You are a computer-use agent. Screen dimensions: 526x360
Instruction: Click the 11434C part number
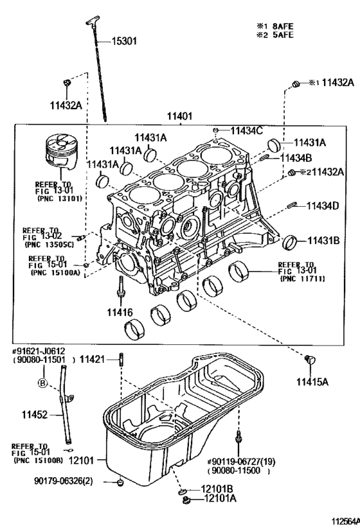[x=247, y=130]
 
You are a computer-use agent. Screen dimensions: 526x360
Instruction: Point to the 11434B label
[x=295, y=157]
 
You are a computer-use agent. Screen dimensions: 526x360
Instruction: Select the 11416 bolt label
[x=120, y=312]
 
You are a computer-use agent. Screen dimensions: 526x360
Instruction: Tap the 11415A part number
[x=312, y=381]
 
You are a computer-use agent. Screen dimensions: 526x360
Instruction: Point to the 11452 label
[x=31, y=416]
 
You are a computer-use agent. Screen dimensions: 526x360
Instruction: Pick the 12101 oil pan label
[x=82, y=460]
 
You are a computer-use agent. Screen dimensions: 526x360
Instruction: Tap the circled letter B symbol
[x=42, y=383]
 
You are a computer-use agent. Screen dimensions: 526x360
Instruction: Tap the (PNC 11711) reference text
[x=301, y=279]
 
